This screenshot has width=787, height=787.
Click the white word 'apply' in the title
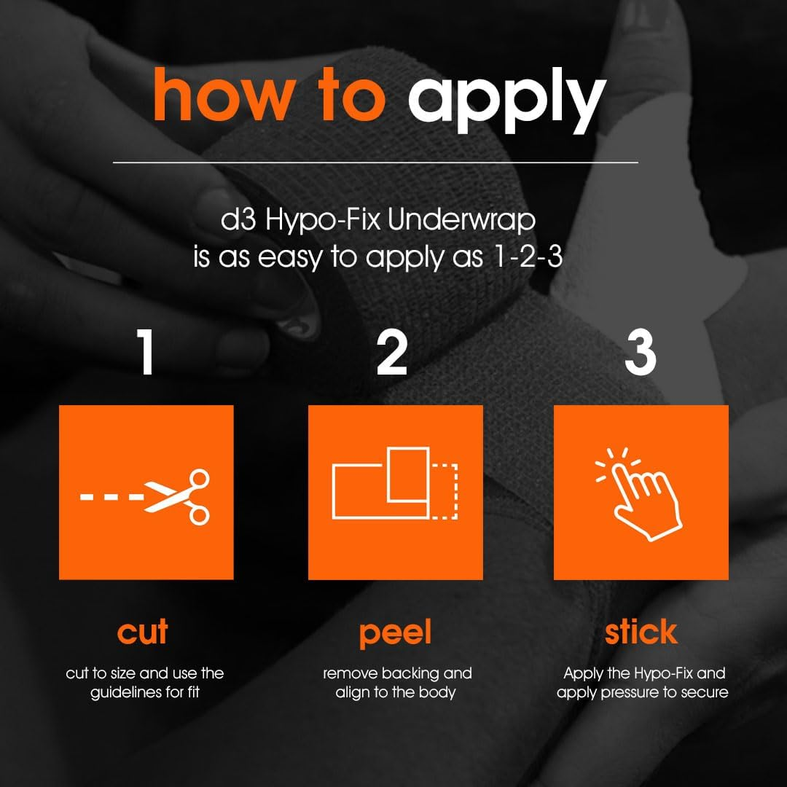pos(507,101)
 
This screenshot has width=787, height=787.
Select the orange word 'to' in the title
pos(353,95)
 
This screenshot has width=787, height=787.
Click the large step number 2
pos(392,352)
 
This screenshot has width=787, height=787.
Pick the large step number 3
pos(641,352)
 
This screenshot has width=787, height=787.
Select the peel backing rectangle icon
pos(395,483)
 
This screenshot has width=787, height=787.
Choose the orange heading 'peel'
pos(396,634)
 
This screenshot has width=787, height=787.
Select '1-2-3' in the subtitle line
pos(527,257)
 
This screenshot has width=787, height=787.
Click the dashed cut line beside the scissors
pos(112,497)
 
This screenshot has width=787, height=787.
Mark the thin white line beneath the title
pos(375,162)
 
